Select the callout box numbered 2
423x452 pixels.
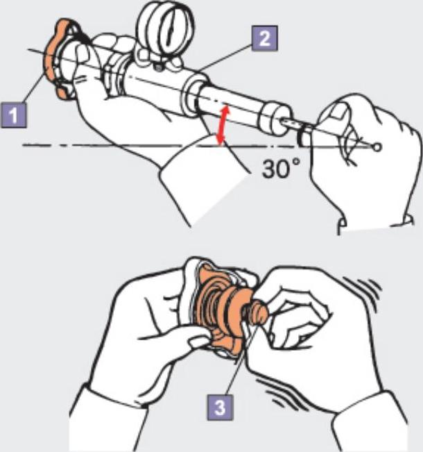pos(265,38)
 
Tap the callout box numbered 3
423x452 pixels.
pos(221,408)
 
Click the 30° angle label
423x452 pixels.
pos(281,169)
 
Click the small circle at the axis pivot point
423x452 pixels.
pos(377,147)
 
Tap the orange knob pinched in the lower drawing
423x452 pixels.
pos(257,312)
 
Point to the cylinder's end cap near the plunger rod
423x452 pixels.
pos(273,118)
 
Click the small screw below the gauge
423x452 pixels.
pos(158,67)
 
